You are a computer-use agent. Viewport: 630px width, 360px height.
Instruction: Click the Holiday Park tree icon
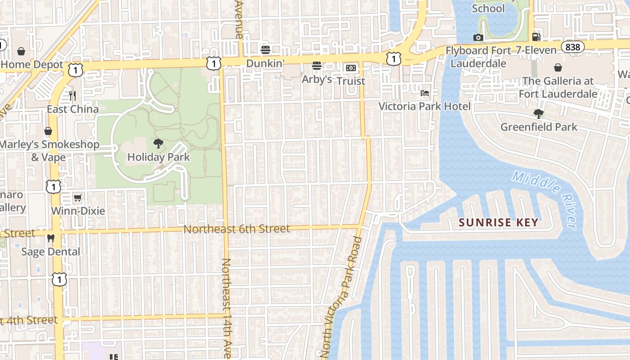tap(158, 144)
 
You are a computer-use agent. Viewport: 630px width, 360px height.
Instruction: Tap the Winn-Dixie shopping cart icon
tap(78, 198)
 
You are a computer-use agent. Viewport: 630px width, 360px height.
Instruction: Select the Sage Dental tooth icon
tap(51, 238)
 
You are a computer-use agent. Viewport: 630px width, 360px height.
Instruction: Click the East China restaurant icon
tap(72, 95)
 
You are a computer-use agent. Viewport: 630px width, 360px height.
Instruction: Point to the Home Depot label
tap(32, 65)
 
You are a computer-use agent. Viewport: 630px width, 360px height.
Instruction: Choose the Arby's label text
tap(317, 80)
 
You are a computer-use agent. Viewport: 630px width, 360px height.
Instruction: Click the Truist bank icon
tap(351, 68)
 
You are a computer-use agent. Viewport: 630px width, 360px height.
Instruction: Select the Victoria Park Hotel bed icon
tap(425, 93)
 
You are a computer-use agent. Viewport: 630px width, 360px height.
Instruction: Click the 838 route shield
tap(573, 47)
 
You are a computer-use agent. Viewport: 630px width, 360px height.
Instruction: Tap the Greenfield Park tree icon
tap(538, 113)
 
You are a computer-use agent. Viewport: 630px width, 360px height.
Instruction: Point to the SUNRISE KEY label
tap(498, 222)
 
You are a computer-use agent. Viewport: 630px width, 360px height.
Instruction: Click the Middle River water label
tap(545, 199)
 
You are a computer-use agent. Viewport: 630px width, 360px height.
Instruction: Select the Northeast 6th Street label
tap(237, 229)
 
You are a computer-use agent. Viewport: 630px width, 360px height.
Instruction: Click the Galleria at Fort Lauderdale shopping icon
tap(558, 67)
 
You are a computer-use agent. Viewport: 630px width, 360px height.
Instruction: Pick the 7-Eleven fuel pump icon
tap(536, 37)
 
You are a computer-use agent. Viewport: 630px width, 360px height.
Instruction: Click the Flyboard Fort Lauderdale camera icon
tap(478, 37)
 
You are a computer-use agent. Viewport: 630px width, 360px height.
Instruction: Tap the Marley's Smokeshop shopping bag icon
tap(48, 131)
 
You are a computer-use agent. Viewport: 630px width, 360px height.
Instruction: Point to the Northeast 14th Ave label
tap(227, 308)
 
